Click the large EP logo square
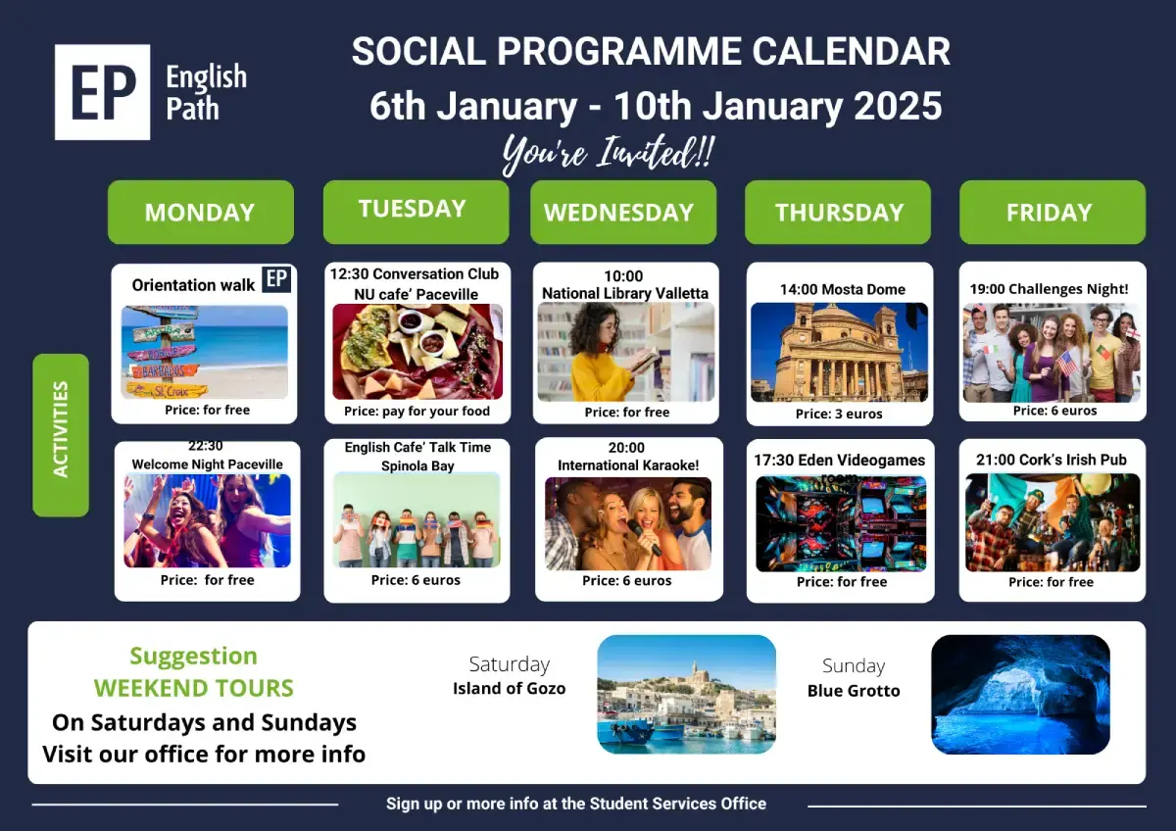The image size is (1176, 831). (x=102, y=92)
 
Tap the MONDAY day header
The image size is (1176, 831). (x=201, y=212)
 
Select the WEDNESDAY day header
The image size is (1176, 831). (x=623, y=212)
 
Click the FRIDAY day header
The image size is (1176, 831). (x=1053, y=212)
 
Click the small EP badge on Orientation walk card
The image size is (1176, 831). (x=276, y=278)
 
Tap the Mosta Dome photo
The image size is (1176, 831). (x=839, y=352)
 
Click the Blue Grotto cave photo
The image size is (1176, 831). (x=1020, y=695)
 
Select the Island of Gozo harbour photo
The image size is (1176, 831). (x=687, y=695)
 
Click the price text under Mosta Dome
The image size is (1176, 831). (x=839, y=414)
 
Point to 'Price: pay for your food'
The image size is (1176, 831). (x=416, y=411)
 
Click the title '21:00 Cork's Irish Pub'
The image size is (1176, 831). (x=1052, y=460)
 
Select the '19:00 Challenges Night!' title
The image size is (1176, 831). (x=1049, y=289)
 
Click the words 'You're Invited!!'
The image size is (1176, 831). (x=608, y=153)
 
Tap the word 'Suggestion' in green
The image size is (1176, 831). (x=194, y=657)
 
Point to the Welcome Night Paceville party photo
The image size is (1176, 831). (x=208, y=520)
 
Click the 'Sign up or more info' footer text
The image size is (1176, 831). (x=576, y=804)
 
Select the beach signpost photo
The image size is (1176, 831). (x=205, y=352)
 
